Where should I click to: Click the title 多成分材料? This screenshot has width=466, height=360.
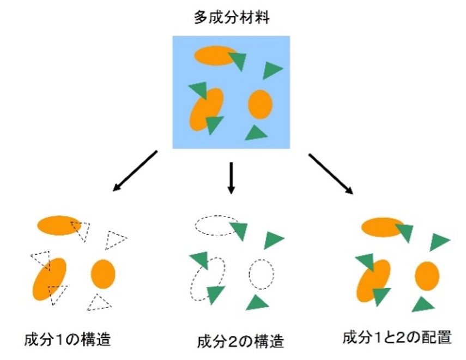232,17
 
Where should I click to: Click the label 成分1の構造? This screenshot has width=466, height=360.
68,339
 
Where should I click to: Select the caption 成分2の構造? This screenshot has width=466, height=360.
241,341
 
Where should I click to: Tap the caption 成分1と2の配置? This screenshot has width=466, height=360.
397,338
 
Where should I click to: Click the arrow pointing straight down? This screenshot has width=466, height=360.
231,178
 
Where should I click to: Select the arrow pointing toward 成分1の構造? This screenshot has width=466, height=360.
135,171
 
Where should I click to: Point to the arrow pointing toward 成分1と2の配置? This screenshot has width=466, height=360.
331,174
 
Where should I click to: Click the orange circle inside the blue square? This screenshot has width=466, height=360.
261,104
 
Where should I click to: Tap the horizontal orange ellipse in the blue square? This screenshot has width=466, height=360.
215,56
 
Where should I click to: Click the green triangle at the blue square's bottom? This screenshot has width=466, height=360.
256,133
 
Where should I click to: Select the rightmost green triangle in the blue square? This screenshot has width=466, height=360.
272,70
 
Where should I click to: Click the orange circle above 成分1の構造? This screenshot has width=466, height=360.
103,274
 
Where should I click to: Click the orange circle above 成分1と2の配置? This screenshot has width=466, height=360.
427,276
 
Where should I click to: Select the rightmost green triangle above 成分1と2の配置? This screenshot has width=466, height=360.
439,242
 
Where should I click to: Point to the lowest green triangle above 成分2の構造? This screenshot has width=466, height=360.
257,303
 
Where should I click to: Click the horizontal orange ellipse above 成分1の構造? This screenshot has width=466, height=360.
58,225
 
